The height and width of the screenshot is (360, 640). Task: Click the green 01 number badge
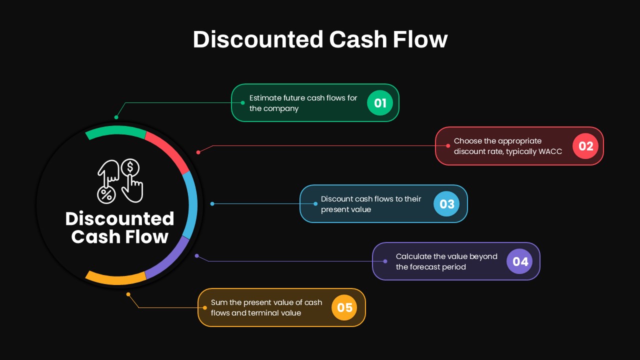[x=379, y=103]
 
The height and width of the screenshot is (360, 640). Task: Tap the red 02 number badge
[x=585, y=146]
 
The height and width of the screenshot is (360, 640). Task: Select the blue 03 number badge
[x=446, y=203]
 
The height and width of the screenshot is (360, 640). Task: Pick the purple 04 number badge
[x=519, y=261]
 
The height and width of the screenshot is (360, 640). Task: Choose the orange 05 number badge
[x=344, y=307]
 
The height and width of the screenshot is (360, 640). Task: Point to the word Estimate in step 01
[x=265, y=98]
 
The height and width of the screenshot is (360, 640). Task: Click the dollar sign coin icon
[x=130, y=167]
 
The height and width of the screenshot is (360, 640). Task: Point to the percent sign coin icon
[x=106, y=195]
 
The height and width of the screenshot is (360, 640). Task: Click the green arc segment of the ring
[x=115, y=131]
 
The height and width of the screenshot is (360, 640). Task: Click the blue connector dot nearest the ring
[x=212, y=203]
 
